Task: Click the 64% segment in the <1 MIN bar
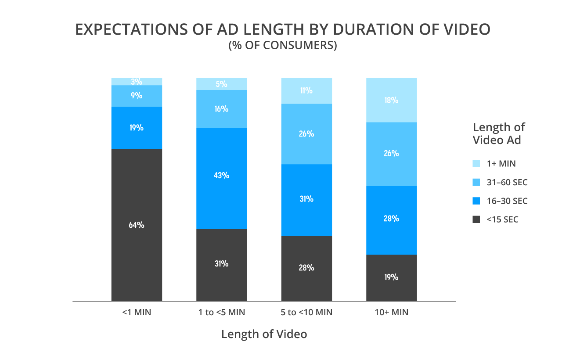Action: tap(137, 225)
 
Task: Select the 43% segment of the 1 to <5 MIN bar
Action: tap(222, 178)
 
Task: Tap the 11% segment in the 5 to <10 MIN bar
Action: tap(306, 90)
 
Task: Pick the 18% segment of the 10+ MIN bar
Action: tap(391, 100)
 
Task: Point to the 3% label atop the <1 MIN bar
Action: tap(137, 82)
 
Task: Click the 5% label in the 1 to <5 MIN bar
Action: tap(222, 84)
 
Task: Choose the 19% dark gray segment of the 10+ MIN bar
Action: tap(391, 277)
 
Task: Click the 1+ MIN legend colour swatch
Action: tap(476, 164)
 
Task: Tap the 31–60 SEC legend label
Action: tap(507, 182)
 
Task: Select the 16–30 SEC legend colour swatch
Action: tap(476, 201)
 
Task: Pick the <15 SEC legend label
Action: tap(502, 220)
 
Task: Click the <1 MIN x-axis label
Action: tap(137, 313)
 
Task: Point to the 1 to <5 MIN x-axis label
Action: tap(222, 313)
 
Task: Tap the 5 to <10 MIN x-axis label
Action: tap(306, 313)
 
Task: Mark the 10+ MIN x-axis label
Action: tap(391, 313)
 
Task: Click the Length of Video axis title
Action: tap(264, 334)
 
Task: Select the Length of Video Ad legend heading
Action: tap(499, 133)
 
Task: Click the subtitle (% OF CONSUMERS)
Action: tap(282, 45)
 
